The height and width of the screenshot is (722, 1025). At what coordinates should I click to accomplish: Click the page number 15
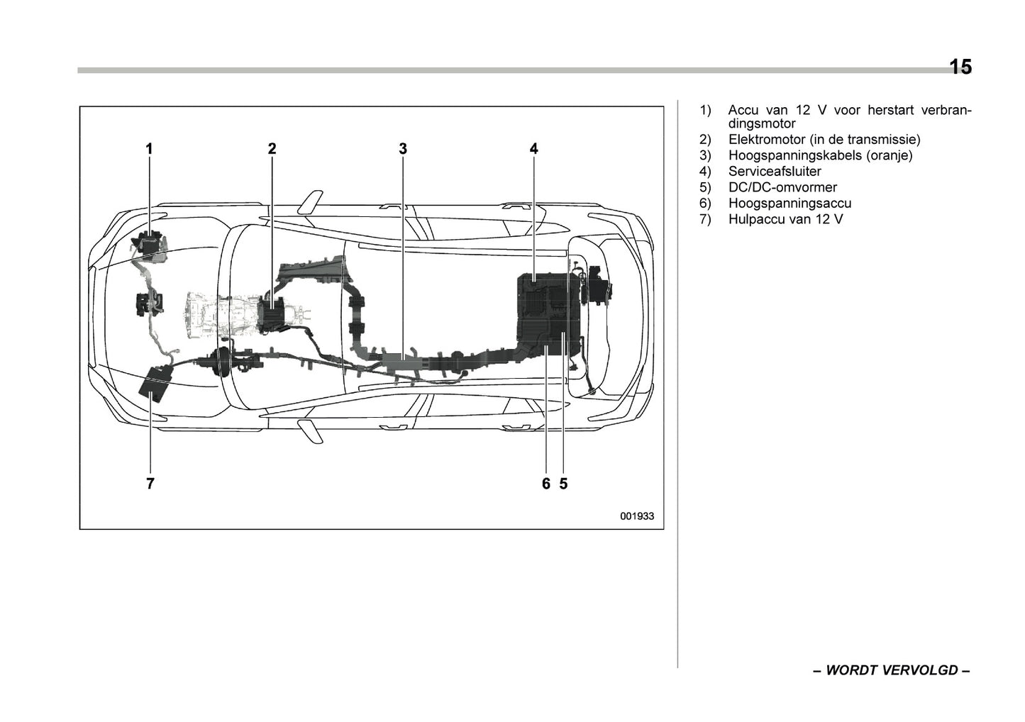point(960,67)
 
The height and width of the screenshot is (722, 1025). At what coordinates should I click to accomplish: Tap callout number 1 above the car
point(149,148)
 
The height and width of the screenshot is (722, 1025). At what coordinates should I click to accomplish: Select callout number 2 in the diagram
point(272,148)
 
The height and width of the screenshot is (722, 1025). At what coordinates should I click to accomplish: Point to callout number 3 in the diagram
point(403,148)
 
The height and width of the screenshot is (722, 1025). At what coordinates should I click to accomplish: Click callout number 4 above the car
point(533,148)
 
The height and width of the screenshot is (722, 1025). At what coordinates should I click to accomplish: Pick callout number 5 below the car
point(563,484)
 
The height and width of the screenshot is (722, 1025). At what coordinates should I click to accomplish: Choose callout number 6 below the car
point(545,484)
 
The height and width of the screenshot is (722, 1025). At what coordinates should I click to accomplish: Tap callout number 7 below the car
point(150,484)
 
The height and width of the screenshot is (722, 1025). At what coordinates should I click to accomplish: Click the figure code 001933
point(636,516)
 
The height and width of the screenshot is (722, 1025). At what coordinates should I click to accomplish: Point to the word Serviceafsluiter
point(775,172)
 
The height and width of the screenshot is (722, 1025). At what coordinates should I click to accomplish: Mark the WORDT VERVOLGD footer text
point(891,670)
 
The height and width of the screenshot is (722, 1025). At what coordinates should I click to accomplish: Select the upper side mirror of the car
point(311,201)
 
